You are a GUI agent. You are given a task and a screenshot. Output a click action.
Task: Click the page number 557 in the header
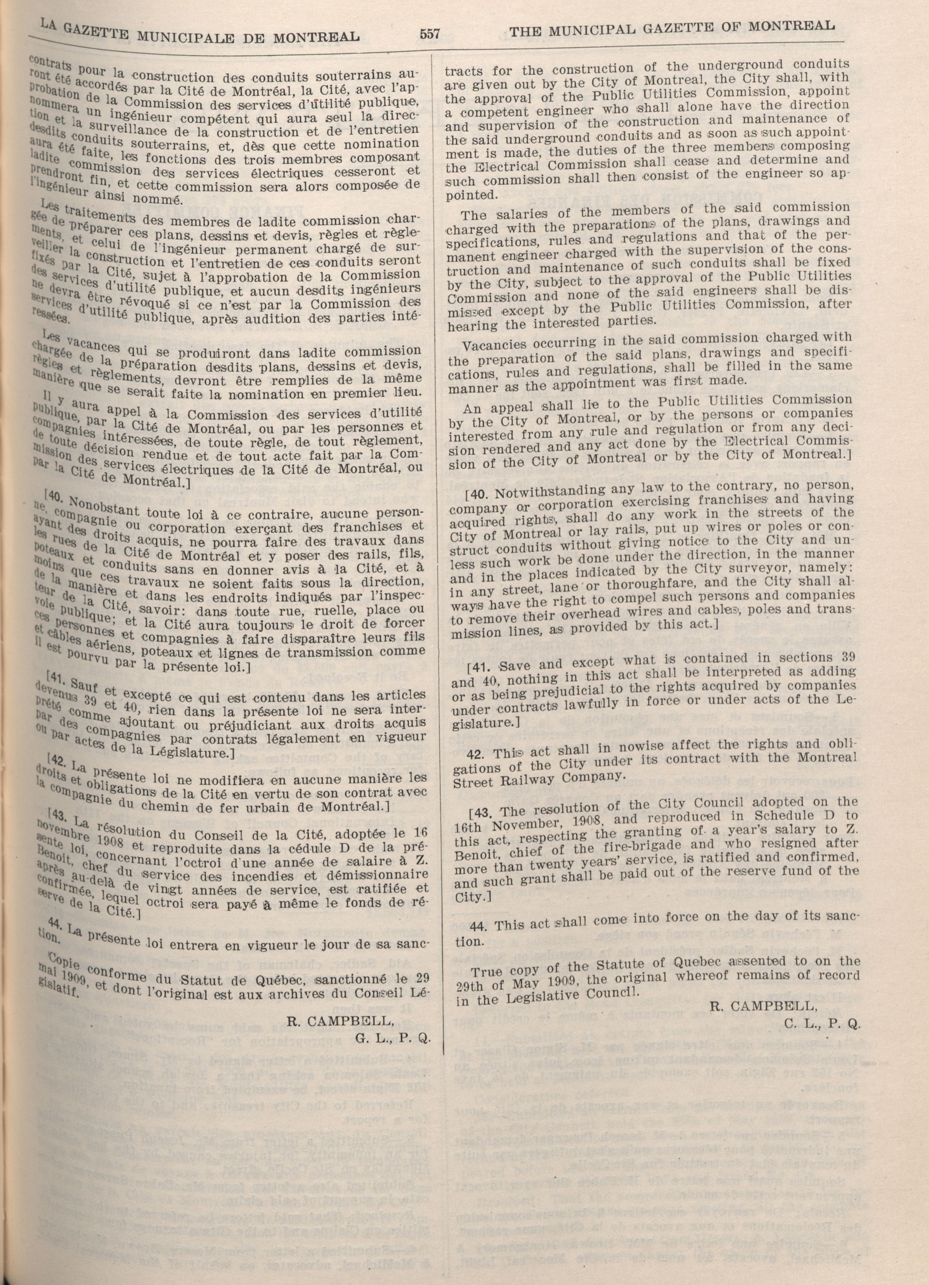[430, 33]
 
